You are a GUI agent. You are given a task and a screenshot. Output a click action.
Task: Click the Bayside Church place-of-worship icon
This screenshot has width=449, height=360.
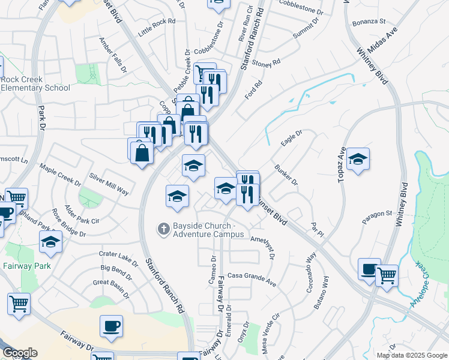point(163,229)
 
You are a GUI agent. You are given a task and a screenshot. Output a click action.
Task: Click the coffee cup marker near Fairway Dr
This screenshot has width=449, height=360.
point(111,326)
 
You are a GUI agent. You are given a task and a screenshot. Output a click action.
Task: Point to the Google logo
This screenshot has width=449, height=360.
point(19,353)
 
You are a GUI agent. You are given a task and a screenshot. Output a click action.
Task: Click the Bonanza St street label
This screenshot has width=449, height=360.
point(369,21)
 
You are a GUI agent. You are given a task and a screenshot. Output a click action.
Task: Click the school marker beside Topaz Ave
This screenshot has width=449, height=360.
point(358,160)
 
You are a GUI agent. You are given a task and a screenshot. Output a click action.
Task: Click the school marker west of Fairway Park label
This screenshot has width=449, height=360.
point(50,242)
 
